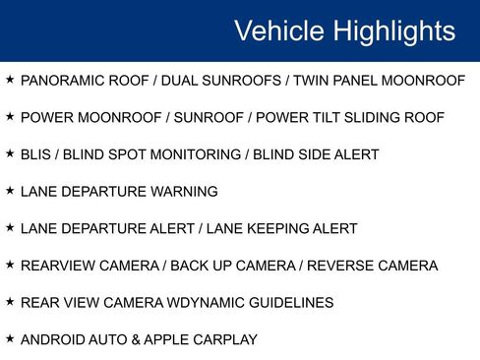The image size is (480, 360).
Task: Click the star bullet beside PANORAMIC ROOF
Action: tap(9, 79)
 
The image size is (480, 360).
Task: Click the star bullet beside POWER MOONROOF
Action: tap(9, 116)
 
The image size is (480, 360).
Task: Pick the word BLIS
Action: tap(35, 154)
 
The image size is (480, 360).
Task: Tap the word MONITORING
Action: tap(201, 154)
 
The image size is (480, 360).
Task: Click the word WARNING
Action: tap(184, 192)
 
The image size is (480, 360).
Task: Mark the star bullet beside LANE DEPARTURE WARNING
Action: tap(9, 190)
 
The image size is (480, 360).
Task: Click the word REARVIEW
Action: tap(57, 266)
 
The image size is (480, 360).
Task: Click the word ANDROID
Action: tap(52, 340)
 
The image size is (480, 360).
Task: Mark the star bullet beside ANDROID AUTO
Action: tap(9, 338)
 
